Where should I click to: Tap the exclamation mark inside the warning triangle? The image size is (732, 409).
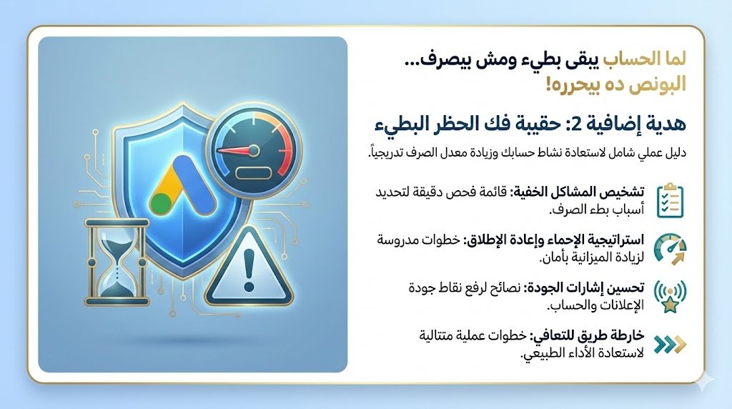249,270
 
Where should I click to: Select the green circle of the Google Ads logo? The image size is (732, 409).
161,204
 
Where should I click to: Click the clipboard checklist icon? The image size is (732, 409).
670,200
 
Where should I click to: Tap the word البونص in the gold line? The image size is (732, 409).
653,84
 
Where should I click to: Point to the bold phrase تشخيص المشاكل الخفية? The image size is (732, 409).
576,192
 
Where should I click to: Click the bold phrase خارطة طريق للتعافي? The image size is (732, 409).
587,336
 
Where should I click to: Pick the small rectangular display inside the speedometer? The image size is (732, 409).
254,173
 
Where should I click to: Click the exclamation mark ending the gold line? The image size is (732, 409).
550,84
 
